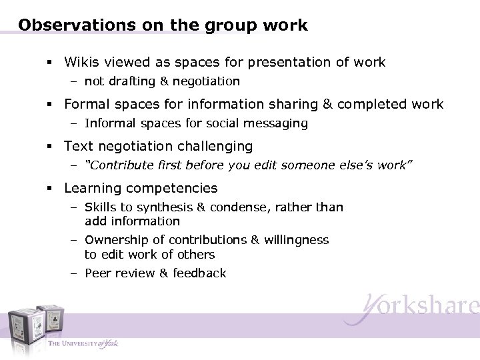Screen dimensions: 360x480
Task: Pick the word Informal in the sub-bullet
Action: click(111, 123)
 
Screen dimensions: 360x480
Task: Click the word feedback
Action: click(201, 273)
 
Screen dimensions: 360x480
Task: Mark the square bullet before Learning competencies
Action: click(51, 189)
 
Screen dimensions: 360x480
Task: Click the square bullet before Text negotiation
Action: click(51, 147)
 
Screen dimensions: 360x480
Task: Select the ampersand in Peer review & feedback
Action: click(164, 273)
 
